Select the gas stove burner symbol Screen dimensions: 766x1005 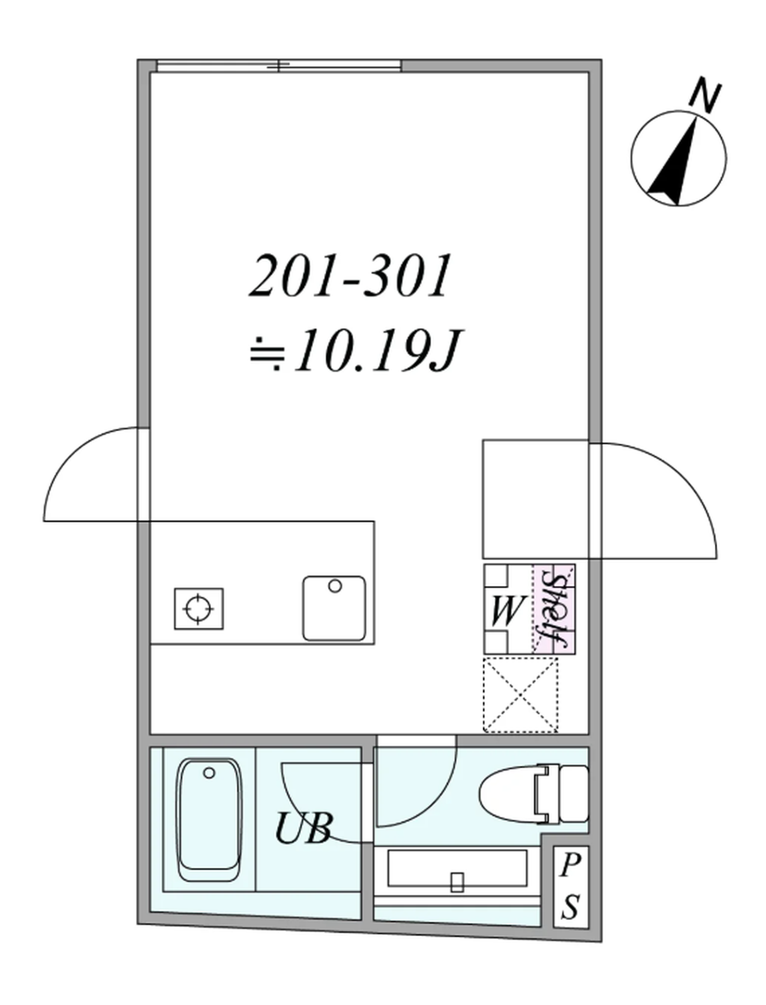[199, 609]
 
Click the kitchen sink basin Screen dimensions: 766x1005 [334, 608]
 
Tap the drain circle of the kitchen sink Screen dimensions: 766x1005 [335, 586]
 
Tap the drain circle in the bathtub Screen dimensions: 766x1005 [209, 773]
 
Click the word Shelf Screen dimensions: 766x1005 [555, 608]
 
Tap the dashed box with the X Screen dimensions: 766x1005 [520, 695]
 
